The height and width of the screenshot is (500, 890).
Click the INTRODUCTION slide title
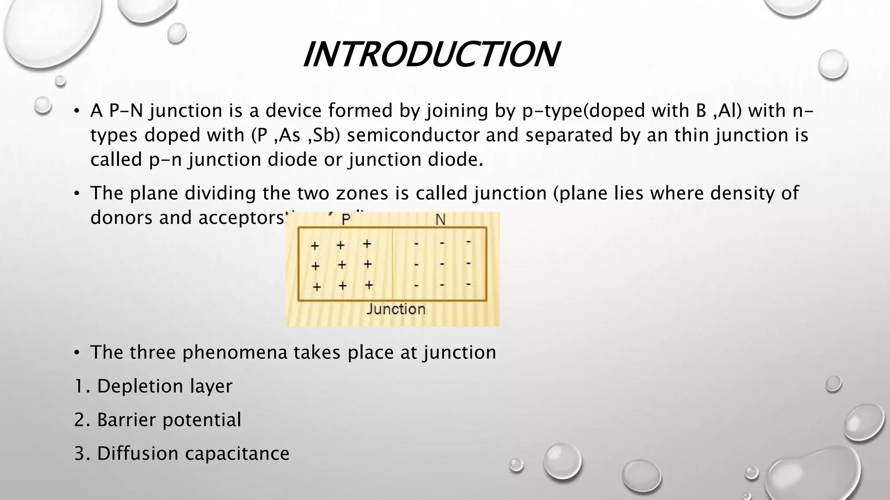431,55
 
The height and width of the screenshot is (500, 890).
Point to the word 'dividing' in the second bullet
220,193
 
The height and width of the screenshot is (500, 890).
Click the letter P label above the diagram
346,220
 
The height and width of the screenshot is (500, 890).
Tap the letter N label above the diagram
440,220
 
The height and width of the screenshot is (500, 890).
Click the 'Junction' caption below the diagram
395,309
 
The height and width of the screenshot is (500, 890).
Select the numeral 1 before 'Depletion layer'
79,386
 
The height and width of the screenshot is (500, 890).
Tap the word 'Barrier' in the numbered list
126,420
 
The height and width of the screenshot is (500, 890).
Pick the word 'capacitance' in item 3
237,454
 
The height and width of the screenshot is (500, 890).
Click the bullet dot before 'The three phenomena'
76,353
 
